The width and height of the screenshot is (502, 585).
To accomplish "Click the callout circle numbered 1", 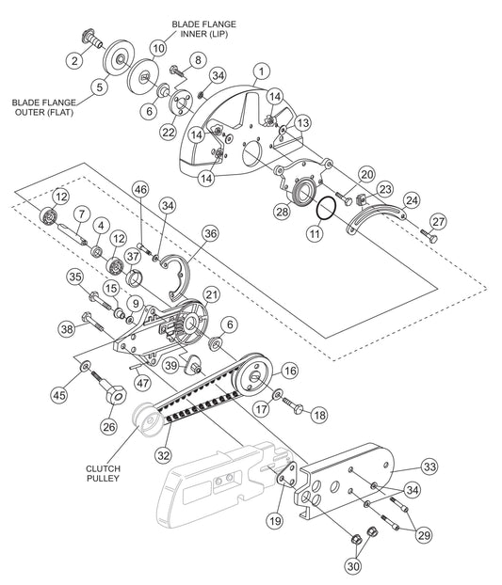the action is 262,71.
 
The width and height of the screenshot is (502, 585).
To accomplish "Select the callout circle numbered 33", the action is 429,466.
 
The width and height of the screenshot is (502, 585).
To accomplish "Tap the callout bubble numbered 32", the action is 164,455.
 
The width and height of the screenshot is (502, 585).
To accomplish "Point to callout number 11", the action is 315,233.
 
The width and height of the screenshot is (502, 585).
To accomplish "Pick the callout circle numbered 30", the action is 353,566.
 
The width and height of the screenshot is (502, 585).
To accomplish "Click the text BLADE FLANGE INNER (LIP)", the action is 204,29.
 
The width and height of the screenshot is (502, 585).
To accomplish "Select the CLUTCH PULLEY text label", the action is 103,473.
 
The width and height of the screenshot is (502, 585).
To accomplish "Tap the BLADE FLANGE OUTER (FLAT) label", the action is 43,106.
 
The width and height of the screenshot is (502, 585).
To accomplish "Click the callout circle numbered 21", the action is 212,294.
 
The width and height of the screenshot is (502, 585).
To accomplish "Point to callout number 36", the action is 210,233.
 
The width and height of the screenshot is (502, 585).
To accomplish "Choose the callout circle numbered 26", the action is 109,426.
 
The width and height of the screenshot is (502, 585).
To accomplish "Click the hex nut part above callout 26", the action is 116,394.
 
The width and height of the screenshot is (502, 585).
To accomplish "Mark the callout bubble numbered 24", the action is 412,200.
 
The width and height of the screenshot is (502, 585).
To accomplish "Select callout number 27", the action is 438,222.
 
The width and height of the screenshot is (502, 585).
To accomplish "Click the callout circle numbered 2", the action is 74,60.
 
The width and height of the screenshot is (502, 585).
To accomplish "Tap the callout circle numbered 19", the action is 275,521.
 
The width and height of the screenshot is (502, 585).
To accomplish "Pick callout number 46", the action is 141,189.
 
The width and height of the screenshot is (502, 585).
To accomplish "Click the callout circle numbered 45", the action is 59,395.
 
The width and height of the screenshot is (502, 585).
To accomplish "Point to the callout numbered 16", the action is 290,371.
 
